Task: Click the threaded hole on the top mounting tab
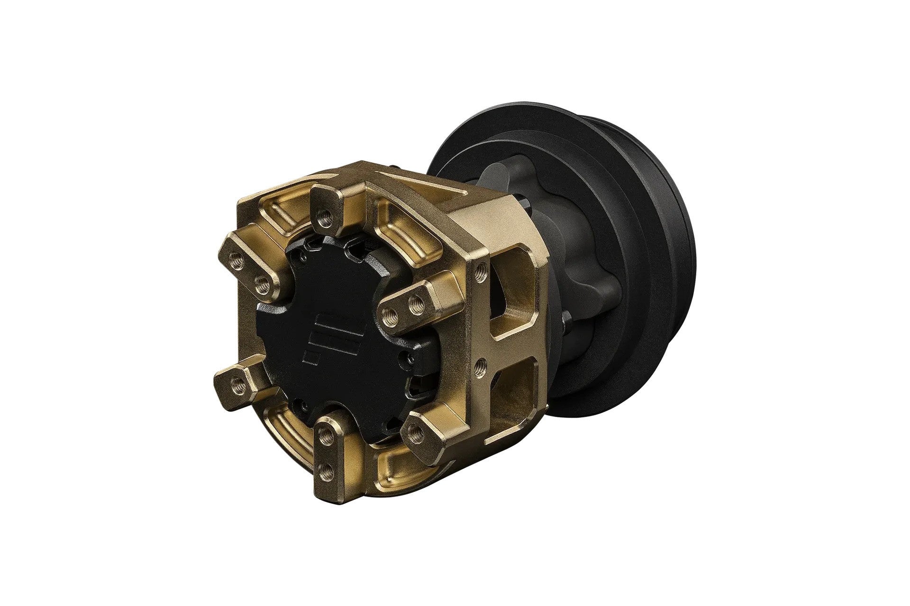coord(325,218)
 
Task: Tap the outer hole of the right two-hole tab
coord(416,301)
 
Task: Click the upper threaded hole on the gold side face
coord(481,270)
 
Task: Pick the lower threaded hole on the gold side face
coord(480,365)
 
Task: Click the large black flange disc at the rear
coord(654,284)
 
